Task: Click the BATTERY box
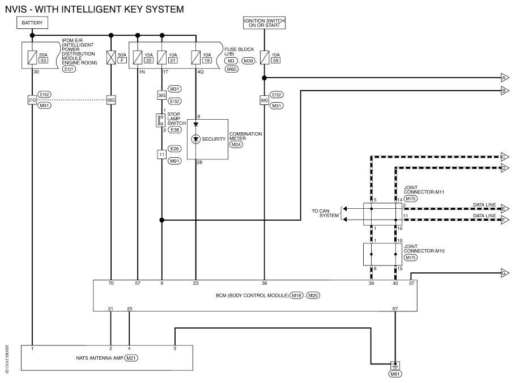[x=32, y=23]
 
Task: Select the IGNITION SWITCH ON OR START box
[x=264, y=23]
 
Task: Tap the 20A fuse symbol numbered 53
[x=32, y=57]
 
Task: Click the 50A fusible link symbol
[x=111, y=57]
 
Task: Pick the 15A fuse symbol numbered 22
[x=138, y=57]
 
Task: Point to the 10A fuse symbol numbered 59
[x=265, y=57]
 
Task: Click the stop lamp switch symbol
[x=160, y=120]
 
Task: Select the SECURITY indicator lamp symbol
[x=196, y=139]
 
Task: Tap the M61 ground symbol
[x=395, y=365]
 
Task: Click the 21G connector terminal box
[x=32, y=100]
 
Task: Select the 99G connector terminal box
[x=265, y=100]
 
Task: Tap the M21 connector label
[x=131, y=358]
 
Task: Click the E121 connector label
[x=69, y=69]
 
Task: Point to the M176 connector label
[x=411, y=199]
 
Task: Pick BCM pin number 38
[x=265, y=283]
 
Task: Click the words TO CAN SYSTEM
[x=325, y=213]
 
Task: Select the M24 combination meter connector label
[x=236, y=145]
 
